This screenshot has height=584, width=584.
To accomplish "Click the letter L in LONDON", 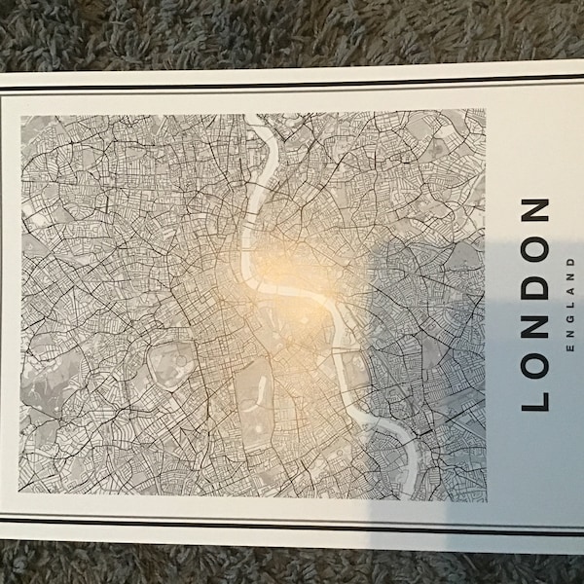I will coord(536,394).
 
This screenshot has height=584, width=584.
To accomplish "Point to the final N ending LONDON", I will coord(536,212).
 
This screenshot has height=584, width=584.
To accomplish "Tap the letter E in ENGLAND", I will coord(569,347).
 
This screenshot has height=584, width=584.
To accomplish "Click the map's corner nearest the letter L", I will coord(484,498).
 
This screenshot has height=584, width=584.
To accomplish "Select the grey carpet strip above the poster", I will coord(292,29).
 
